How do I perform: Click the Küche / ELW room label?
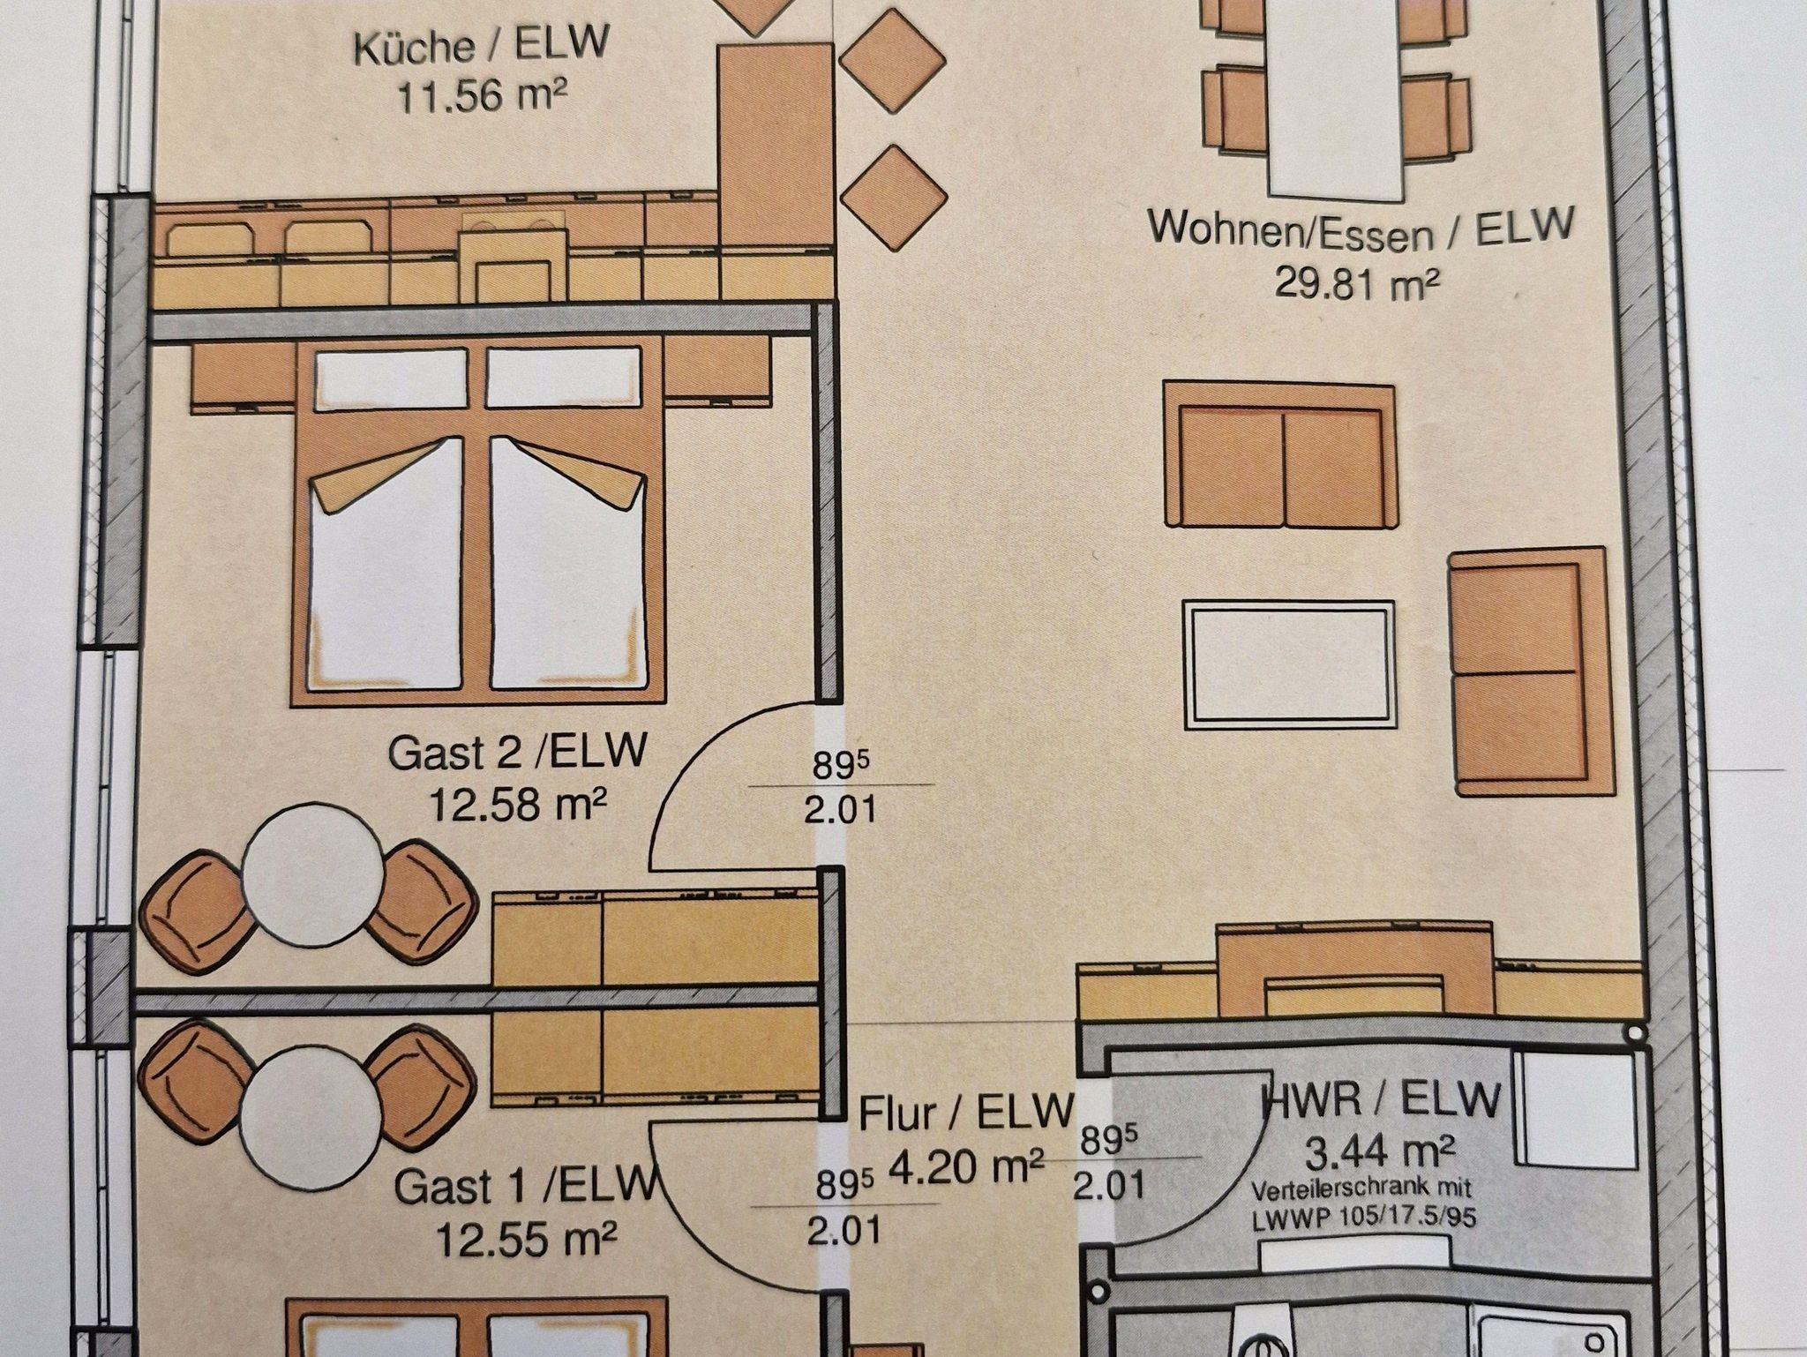pyautogui.click(x=481, y=47)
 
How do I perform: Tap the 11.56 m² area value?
pyautogui.click(x=482, y=95)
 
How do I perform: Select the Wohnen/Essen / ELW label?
pyautogui.click(x=1361, y=230)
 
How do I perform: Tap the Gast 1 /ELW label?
pyautogui.click(x=527, y=1188)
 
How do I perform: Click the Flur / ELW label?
pyautogui.click(x=967, y=1114)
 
